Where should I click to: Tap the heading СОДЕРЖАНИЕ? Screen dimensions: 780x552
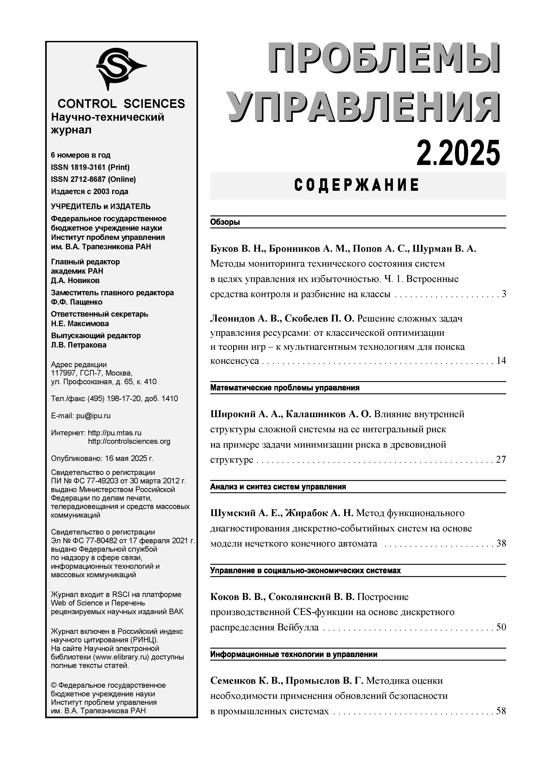point(357,185)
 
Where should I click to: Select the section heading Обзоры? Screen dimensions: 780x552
point(225,222)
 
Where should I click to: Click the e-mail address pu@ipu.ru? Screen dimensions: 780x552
point(93,416)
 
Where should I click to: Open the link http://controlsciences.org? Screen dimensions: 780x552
point(129,441)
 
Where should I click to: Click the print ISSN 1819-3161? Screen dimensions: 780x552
point(90,167)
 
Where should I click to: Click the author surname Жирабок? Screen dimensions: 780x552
point(306,513)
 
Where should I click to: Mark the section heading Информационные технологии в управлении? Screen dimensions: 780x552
point(294,654)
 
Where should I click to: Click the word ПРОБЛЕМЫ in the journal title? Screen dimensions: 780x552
point(384,58)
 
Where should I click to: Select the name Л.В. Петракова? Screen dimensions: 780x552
point(79,345)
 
